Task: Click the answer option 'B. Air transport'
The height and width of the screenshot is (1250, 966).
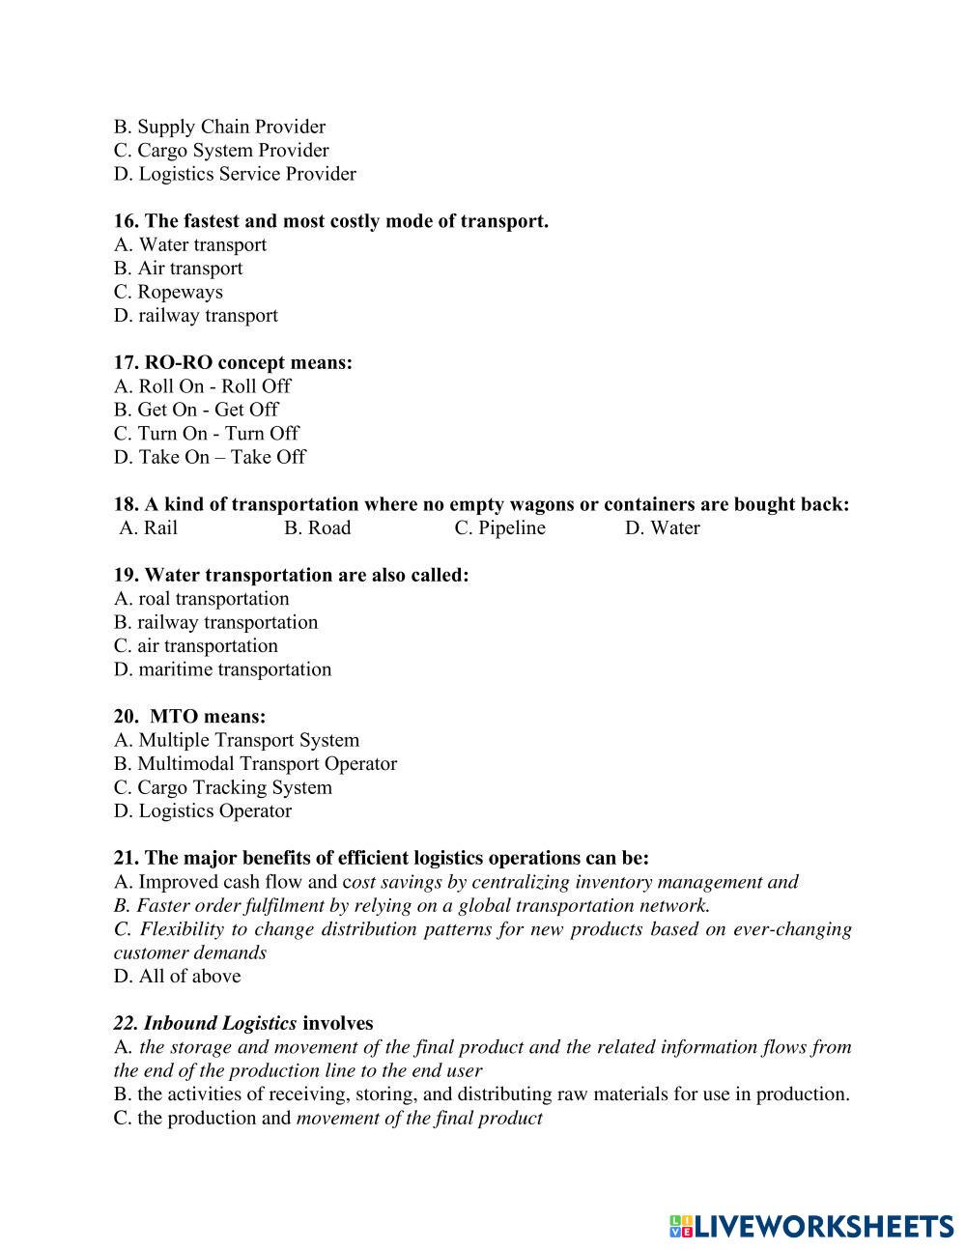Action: pyautogui.click(x=178, y=269)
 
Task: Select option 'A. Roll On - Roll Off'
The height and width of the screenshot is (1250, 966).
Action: pyautogui.click(x=202, y=386)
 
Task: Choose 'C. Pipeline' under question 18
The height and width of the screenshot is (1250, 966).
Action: pyautogui.click(x=499, y=528)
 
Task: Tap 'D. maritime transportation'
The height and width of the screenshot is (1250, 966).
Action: pyautogui.click(x=222, y=669)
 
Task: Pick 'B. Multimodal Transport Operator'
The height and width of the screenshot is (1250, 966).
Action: pyautogui.click(x=255, y=764)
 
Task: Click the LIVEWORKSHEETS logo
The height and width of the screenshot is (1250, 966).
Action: pyautogui.click(x=810, y=1226)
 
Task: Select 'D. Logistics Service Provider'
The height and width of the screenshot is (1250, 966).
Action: pyautogui.click(x=235, y=174)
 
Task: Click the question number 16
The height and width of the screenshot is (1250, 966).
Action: pyautogui.click(x=126, y=221)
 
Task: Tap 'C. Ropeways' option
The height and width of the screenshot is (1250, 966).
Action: pyautogui.click(x=168, y=292)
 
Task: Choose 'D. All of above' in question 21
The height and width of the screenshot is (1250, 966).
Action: pyautogui.click(x=177, y=977)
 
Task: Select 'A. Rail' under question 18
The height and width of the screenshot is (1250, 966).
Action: pyautogui.click(x=149, y=528)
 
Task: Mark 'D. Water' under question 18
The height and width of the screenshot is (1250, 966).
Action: pyautogui.click(x=662, y=528)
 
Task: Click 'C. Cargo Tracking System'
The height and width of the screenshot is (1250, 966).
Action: pyautogui.click(x=222, y=787)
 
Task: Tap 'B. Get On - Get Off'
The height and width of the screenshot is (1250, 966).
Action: pyautogui.click(x=196, y=410)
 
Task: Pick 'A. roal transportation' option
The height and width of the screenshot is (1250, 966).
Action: pyautogui.click(x=201, y=599)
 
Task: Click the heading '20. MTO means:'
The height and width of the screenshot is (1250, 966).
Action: pyautogui.click(x=189, y=717)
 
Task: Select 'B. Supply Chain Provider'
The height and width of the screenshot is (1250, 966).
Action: pyautogui.click(x=219, y=127)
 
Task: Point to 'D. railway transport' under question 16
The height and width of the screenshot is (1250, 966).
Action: pyautogui.click(x=195, y=316)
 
